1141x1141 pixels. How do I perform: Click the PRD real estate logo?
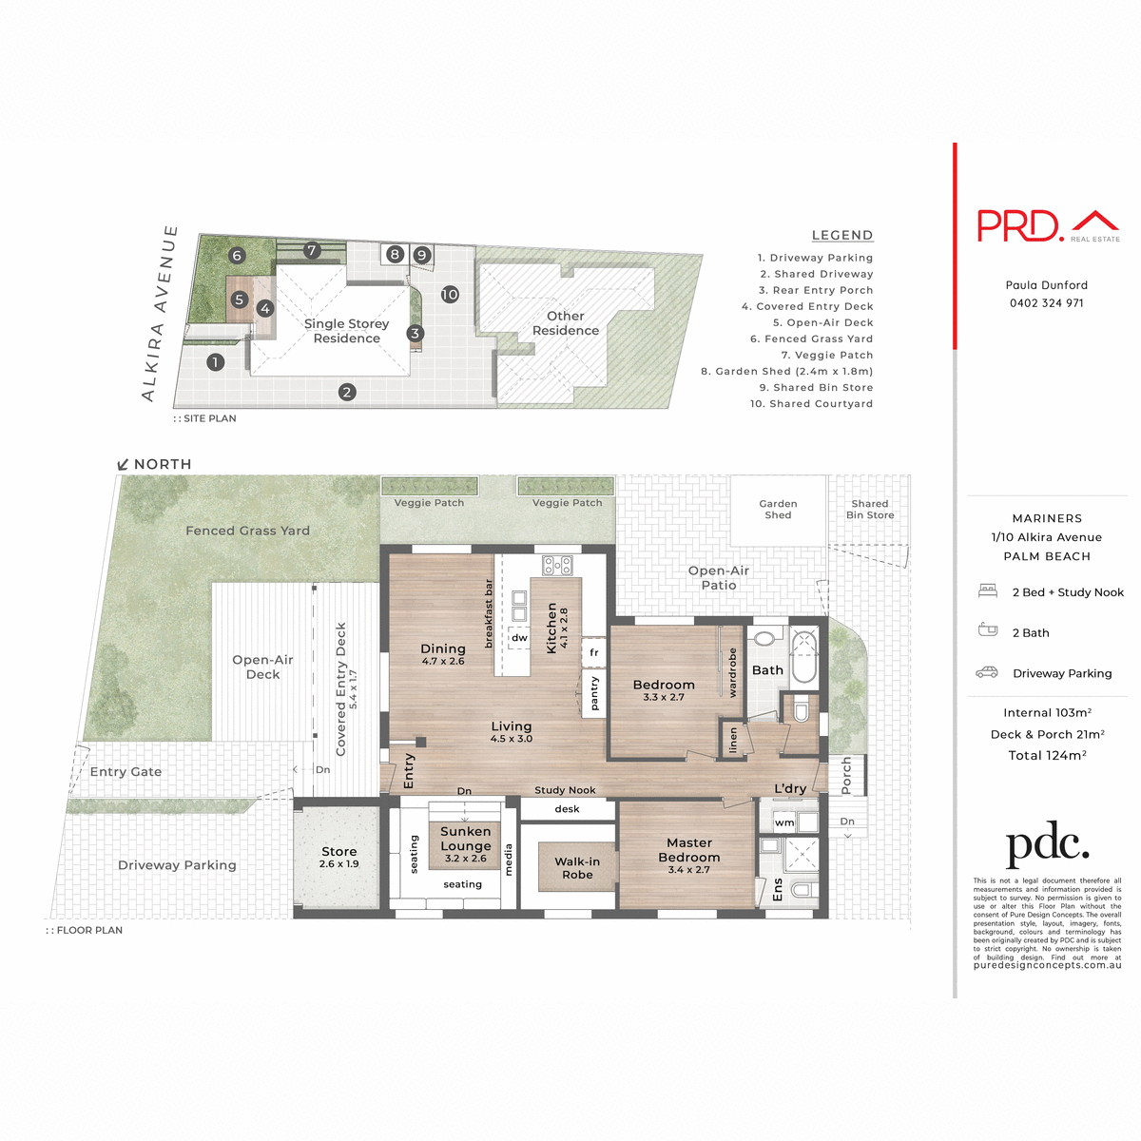pyautogui.click(x=1048, y=225)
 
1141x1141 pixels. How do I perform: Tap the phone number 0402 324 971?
pyautogui.click(x=1047, y=303)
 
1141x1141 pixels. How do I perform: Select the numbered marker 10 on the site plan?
pyautogui.click(x=450, y=295)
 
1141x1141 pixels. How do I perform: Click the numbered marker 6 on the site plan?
pyautogui.click(x=238, y=255)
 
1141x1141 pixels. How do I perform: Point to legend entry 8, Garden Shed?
pyautogui.click(x=786, y=372)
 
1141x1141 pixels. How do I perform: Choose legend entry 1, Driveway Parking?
pyautogui.click(x=815, y=258)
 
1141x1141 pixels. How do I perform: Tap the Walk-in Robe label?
pyautogui.click(x=577, y=868)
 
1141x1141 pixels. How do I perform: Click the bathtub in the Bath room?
pyautogui.click(x=804, y=656)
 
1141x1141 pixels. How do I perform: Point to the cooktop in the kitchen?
pyautogui.click(x=556, y=566)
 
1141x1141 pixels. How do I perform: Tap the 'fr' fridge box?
pyautogui.click(x=594, y=652)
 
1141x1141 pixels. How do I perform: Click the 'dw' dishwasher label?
pyautogui.click(x=519, y=638)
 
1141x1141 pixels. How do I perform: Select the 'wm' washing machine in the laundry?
pyautogui.click(x=784, y=822)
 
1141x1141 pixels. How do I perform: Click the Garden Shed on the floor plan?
pyautogui.click(x=778, y=511)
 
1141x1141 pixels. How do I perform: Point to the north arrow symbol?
pyautogui.click(x=123, y=465)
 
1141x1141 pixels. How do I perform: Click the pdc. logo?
pyautogui.click(x=1047, y=845)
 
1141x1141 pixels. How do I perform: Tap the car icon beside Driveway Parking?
pyautogui.click(x=987, y=672)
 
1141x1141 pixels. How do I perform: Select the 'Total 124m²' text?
pyautogui.click(x=1047, y=756)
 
